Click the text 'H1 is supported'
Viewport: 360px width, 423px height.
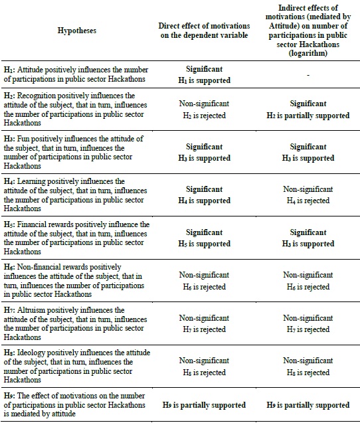tap(204, 80)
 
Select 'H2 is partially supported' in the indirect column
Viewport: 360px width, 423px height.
tap(308, 116)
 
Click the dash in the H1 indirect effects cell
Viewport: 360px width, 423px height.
tap(308, 75)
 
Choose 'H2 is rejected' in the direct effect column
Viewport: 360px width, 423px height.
tap(204, 116)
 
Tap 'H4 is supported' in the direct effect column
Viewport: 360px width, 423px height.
tap(204, 201)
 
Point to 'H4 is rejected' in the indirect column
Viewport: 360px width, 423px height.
tap(308, 201)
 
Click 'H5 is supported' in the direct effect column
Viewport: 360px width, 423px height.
tap(204, 244)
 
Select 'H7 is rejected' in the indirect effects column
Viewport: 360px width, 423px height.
tap(308, 329)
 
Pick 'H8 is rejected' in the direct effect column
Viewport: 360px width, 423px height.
tap(204, 373)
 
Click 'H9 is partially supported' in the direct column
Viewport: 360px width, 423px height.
tap(204, 405)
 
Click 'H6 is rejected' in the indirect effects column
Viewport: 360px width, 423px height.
tap(308, 287)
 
